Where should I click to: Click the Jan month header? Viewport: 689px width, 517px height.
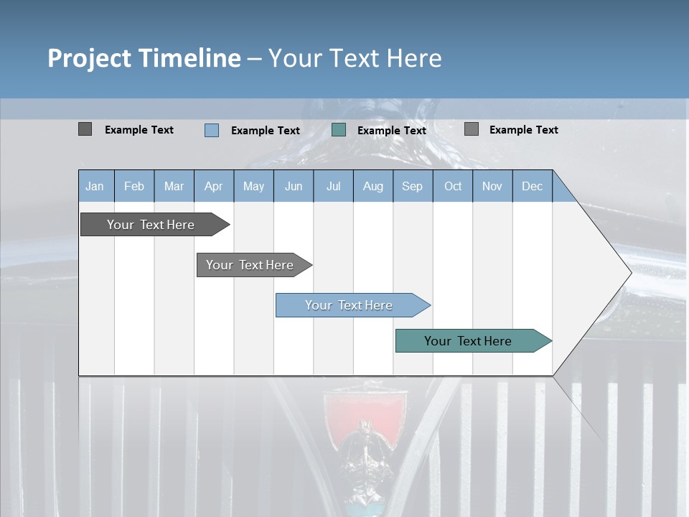point(95,186)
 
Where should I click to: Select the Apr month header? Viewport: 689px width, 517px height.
point(214,186)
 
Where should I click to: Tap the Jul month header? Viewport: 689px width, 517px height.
point(333,186)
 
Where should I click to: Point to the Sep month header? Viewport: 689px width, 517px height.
point(412,186)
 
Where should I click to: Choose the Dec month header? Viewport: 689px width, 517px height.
point(532,186)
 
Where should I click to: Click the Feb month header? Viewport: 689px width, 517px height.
point(134,186)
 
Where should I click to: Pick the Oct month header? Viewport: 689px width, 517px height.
point(453,186)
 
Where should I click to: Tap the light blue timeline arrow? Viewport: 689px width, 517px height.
point(350,305)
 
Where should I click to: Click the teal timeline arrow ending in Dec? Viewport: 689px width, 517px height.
point(470,341)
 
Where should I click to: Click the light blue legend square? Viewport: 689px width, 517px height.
point(212,130)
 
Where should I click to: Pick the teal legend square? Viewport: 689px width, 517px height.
point(339,130)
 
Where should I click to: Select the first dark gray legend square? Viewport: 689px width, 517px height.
point(85,129)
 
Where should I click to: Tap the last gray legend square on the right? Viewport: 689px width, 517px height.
point(472,129)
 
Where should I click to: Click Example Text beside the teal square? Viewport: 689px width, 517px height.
point(391,131)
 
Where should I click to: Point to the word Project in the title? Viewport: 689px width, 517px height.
point(89,58)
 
